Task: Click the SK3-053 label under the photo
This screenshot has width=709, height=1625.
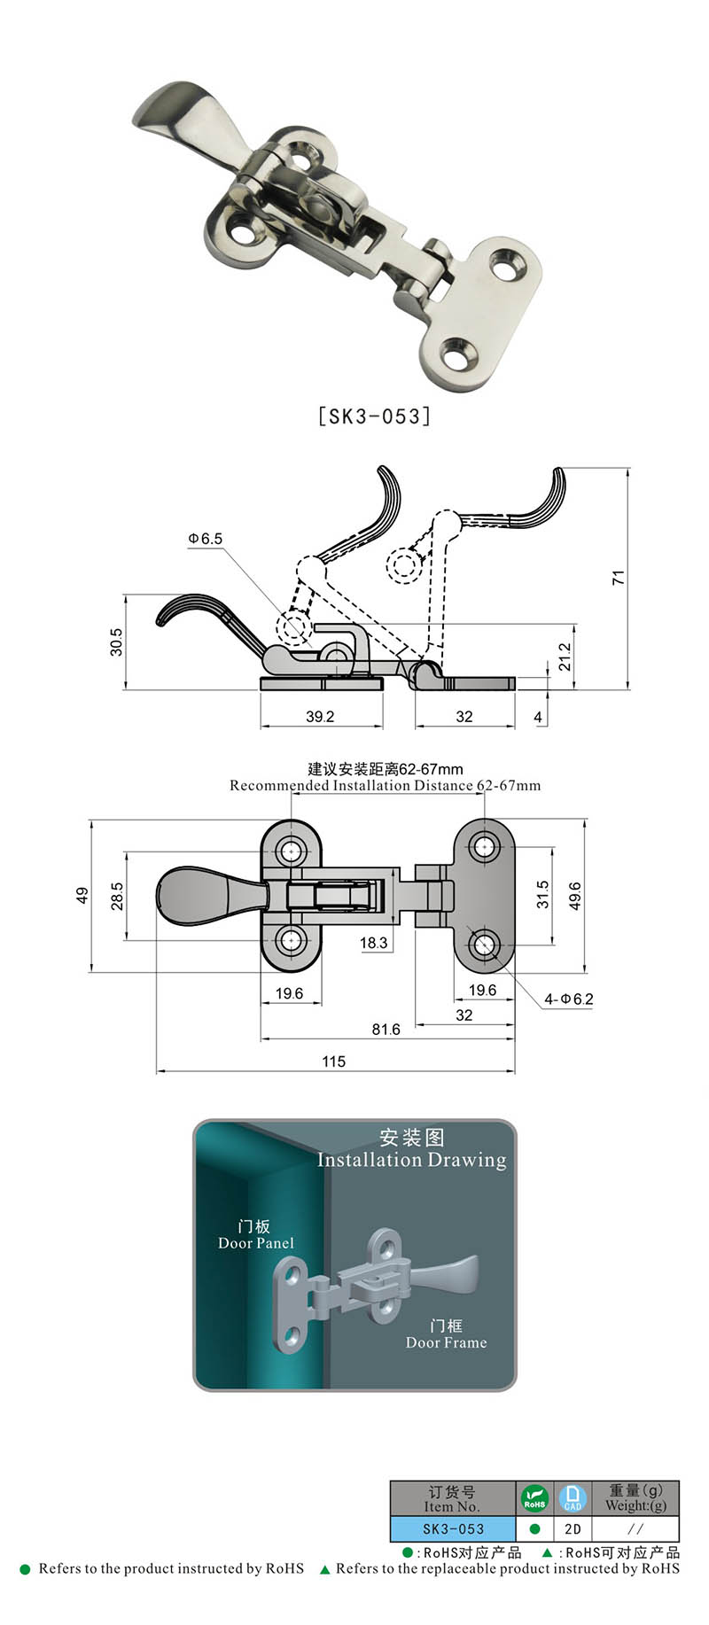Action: [x=374, y=416]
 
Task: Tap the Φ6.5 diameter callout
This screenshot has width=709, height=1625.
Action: [x=205, y=539]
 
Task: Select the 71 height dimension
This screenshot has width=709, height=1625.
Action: [x=619, y=577]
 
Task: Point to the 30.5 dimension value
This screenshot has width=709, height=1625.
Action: [x=116, y=641]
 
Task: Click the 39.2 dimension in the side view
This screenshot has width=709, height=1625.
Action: [x=319, y=716]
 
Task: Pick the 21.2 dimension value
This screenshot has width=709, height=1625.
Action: [x=565, y=657]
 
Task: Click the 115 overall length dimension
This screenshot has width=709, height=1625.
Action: [x=333, y=1061]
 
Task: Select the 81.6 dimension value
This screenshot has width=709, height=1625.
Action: [x=386, y=1029]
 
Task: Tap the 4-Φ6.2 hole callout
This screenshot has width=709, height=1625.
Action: [x=568, y=999]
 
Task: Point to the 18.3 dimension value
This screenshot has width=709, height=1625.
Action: [x=373, y=942]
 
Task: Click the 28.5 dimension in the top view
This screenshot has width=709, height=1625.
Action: [x=117, y=896]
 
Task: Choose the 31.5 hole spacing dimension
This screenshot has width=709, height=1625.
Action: [x=542, y=894]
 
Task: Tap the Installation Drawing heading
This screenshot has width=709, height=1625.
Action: [x=411, y=1160]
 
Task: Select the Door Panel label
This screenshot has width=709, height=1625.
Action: [x=255, y=1242]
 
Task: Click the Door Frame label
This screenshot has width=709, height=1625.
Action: [x=446, y=1341]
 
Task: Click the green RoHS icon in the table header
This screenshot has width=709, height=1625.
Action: [x=534, y=1498]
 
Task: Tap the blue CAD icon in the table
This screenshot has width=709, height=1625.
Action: [x=573, y=1498]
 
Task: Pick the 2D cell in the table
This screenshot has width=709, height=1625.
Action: [x=573, y=1528]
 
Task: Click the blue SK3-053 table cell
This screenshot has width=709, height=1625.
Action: [x=453, y=1528]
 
